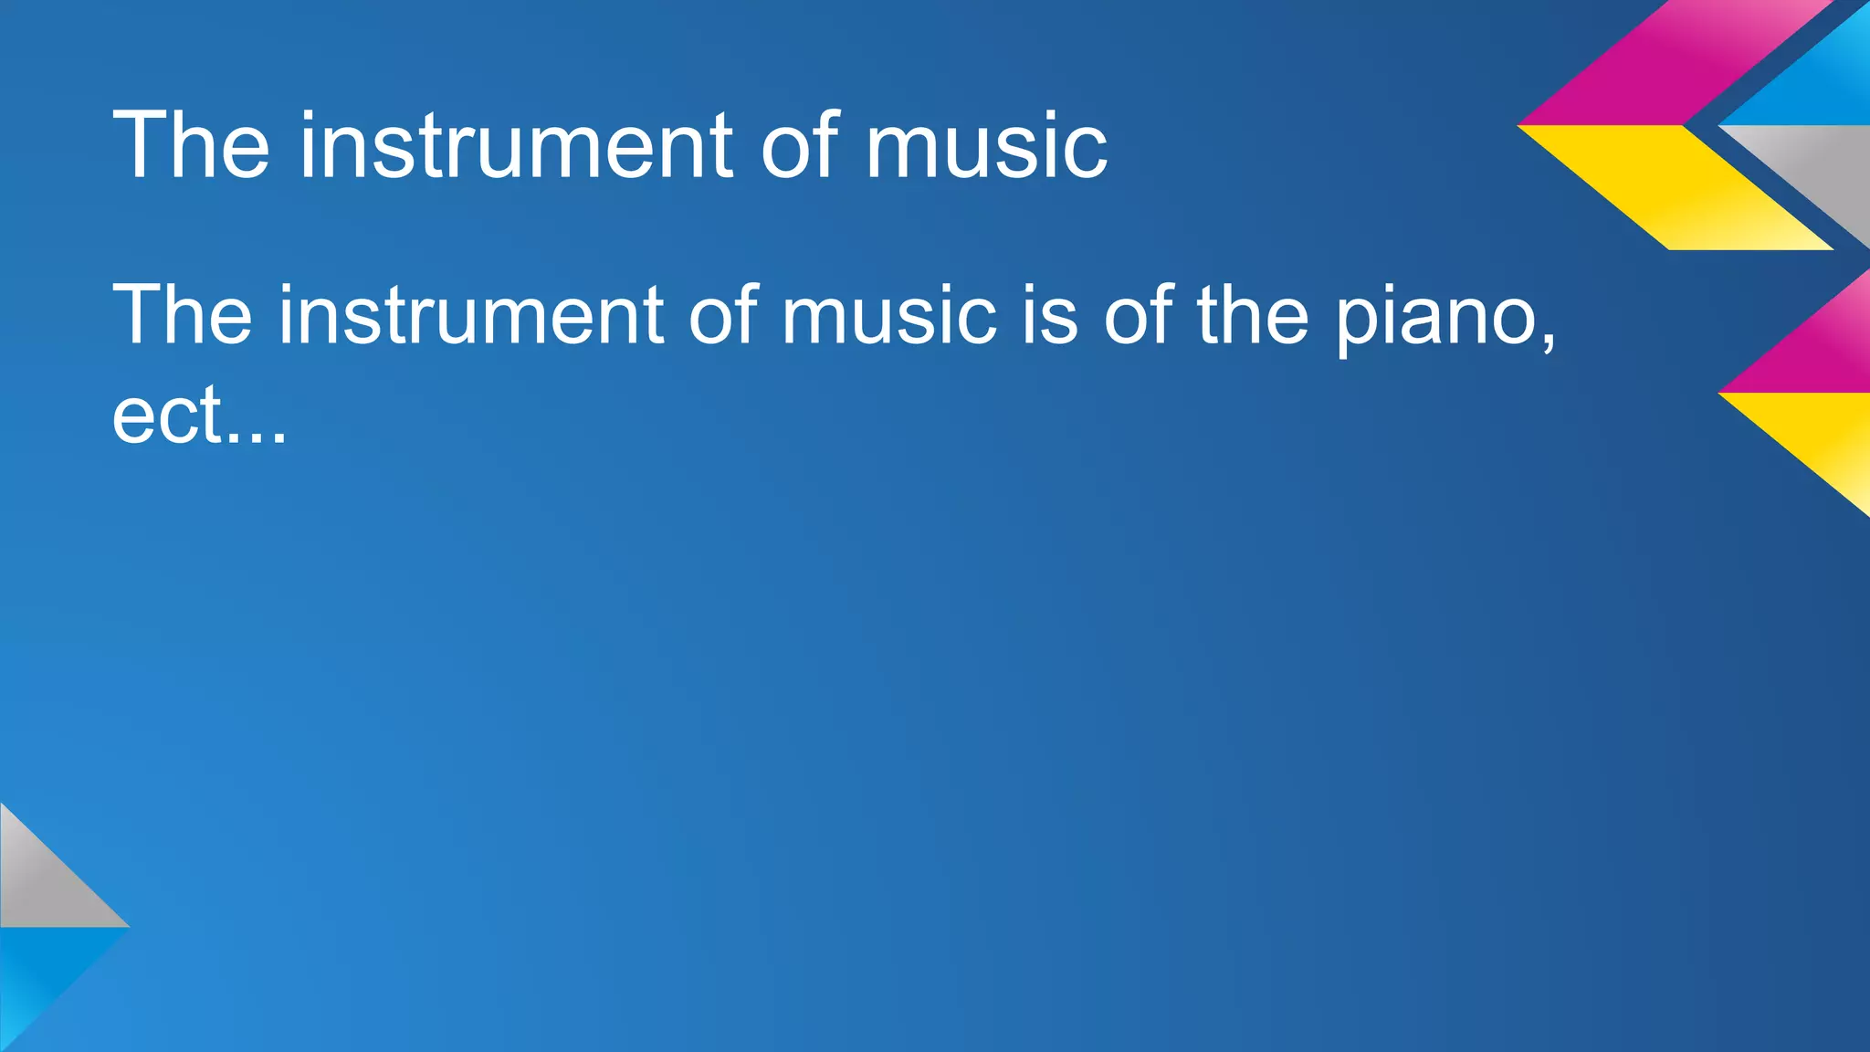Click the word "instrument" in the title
pos(516,146)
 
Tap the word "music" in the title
pos(986,146)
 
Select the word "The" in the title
pos(191,146)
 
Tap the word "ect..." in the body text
pos(199,416)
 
